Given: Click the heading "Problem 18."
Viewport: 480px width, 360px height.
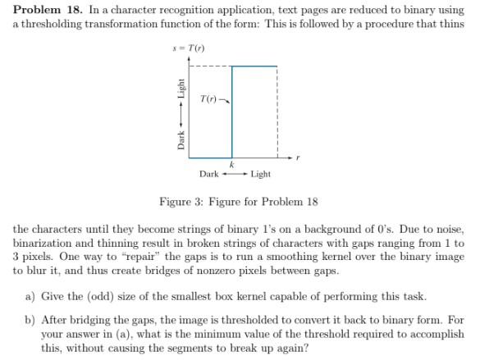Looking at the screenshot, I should (48, 9).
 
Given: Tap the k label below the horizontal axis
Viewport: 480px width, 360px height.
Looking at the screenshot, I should (232, 165).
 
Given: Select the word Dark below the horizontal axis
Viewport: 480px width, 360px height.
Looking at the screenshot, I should (208, 174).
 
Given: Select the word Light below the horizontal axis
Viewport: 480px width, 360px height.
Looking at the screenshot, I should (261, 174).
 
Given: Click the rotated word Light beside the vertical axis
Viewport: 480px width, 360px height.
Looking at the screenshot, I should (182, 88).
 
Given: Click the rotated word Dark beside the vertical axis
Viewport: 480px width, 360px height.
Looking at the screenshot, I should (182, 140).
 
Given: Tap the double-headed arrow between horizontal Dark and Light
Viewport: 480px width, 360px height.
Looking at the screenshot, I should (235, 174).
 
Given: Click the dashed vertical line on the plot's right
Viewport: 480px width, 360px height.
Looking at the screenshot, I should (278, 111).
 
